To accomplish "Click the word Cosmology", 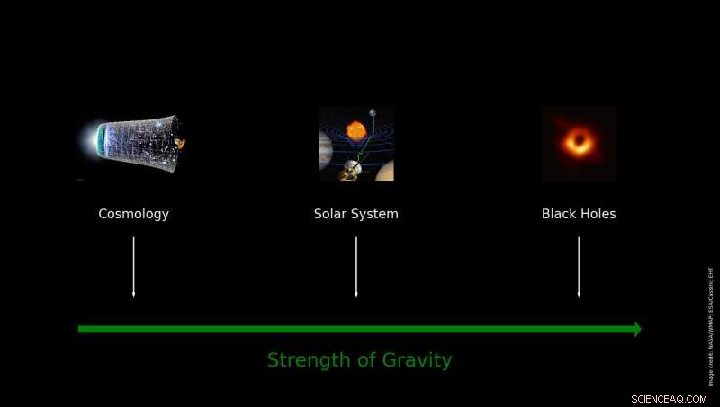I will click(133, 214).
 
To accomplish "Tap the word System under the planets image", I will click(375, 214).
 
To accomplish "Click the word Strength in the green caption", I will click(307, 360).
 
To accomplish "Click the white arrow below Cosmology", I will click(133, 267).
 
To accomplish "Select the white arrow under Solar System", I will click(356, 267).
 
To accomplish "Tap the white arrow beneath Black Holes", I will click(579, 267).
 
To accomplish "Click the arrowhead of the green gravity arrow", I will click(637, 329).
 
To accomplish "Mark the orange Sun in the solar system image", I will click(355, 130).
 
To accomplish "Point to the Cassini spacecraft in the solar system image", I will click(350, 170).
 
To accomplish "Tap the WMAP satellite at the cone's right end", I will click(180, 141).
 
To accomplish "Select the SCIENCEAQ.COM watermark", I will click(670, 398).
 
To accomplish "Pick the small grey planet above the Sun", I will click(372, 112).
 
